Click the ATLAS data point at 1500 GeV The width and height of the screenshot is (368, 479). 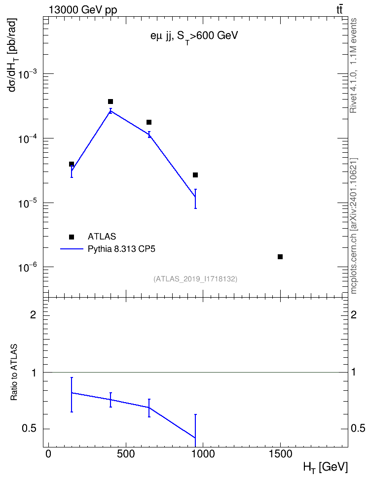coord(280,257)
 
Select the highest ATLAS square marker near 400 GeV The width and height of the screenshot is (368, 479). coord(110,102)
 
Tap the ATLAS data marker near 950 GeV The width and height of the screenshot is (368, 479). coord(195,175)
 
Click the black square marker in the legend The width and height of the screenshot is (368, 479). coord(72,237)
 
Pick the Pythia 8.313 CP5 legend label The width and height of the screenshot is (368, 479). coord(121,249)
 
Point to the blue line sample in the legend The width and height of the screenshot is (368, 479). coord(72,249)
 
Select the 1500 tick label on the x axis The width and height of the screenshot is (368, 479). coord(280,454)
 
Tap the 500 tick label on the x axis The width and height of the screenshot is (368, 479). coord(126,454)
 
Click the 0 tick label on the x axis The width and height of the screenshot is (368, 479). coord(48,454)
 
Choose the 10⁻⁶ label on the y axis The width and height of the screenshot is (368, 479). coord(28,267)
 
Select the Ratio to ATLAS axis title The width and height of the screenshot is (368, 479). coord(14,373)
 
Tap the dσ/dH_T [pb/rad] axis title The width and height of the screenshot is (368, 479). coord(13,55)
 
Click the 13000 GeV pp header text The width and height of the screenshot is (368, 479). coord(83,10)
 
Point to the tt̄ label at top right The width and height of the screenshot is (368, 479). coord(339,9)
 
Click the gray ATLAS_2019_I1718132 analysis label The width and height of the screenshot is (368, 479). coord(195,278)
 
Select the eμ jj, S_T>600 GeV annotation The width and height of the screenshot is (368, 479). coord(194,36)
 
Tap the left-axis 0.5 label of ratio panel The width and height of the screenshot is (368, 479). coord(29,429)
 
